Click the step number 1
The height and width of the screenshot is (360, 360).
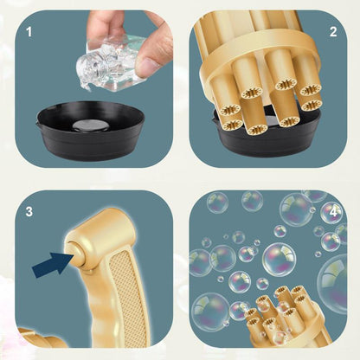(x=29, y=32)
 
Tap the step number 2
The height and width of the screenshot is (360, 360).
(x=333, y=32)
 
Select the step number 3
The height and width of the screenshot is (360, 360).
(x=29, y=211)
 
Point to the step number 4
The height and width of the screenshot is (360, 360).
(x=333, y=212)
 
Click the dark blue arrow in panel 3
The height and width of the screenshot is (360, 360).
(x=53, y=265)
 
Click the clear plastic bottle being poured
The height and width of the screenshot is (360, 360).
(x=111, y=62)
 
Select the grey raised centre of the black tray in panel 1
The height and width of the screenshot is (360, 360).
(x=86, y=125)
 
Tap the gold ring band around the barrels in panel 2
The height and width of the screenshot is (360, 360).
(x=257, y=58)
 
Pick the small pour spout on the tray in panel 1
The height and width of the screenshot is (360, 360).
(x=38, y=125)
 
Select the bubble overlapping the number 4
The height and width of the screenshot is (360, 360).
(x=331, y=213)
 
